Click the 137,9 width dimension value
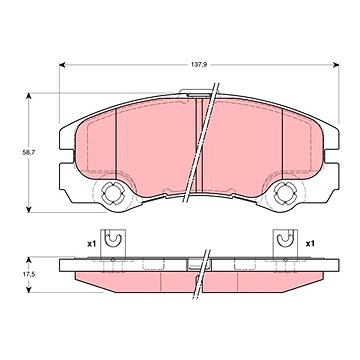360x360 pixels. point(199,65)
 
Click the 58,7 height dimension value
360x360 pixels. point(29,153)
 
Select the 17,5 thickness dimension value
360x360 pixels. point(29,275)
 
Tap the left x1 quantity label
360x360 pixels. point(91,244)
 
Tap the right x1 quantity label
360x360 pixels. point(310,244)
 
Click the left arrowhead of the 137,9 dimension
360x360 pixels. point(62,65)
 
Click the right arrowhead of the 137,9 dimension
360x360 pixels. point(336,65)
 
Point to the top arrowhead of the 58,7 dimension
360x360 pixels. point(29,96)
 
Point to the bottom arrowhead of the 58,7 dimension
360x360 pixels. point(29,209)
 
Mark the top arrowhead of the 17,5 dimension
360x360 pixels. point(29,260)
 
